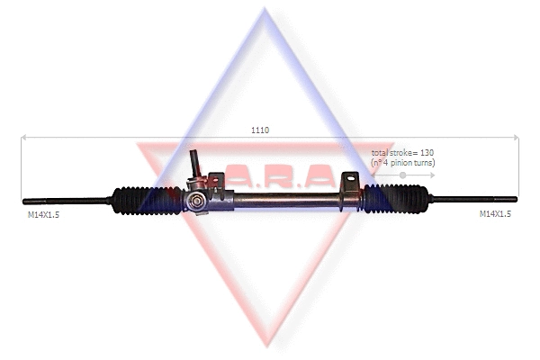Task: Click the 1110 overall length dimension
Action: click(260, 130)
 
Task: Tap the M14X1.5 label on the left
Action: click(43, 214)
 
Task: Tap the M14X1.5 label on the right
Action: click(495, 214)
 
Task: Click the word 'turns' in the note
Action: click(425, 163)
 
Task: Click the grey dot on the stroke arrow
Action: click(403, 175)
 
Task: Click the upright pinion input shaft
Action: click(194, 165)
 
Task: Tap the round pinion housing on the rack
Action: click(194, 201)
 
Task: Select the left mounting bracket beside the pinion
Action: click(216, 182)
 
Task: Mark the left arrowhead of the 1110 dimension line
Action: click(24, 138)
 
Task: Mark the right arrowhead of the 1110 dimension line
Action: click(516, 138)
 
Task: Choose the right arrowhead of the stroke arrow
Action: click(434, 175)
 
